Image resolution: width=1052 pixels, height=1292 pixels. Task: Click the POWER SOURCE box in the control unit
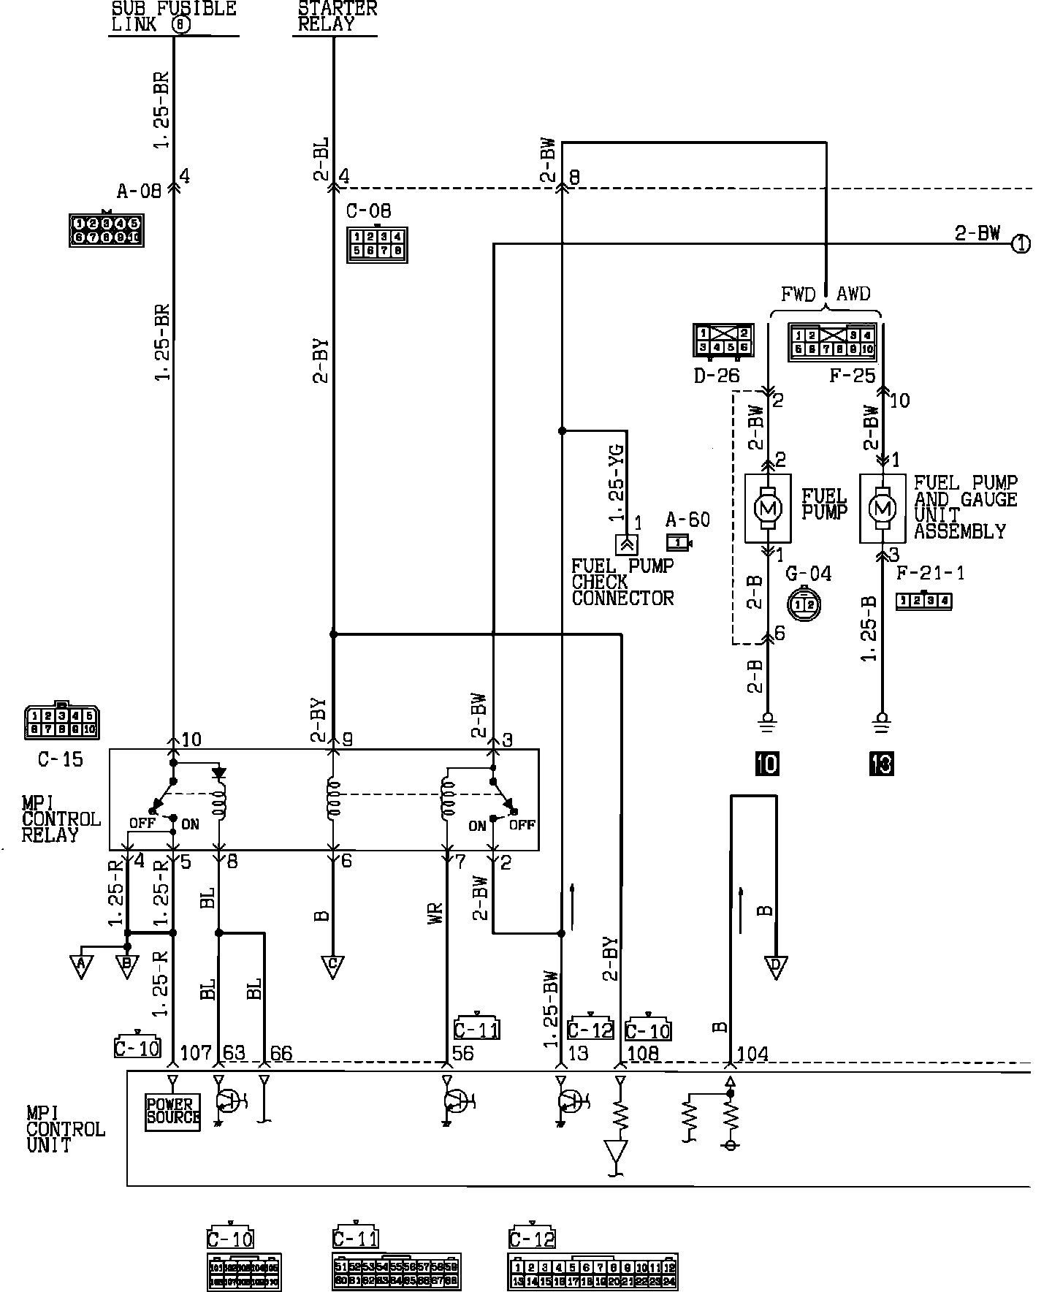coord(172,1111)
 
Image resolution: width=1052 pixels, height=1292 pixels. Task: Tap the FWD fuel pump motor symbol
coord(767,507)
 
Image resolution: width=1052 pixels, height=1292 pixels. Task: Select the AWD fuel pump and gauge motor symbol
coord(882,507)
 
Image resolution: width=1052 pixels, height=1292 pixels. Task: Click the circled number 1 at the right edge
coord(1021,244)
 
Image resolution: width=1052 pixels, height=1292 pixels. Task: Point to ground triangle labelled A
coord(82,966)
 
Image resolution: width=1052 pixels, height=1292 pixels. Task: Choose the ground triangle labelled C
coord(332,966)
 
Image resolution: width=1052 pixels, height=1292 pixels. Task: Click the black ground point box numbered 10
coord(768,764)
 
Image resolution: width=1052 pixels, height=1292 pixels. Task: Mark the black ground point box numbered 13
coord(882,764)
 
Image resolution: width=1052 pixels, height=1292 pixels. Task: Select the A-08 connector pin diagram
coord(106,229)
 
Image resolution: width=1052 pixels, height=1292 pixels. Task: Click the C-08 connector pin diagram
coord(377,245)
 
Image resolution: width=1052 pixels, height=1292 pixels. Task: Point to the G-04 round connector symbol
coord(804,603)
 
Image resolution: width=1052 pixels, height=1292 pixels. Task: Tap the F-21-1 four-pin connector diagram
coord(924,601)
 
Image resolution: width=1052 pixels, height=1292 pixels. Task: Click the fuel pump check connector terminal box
coord(627,544)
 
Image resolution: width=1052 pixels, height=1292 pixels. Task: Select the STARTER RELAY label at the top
coord(337,16)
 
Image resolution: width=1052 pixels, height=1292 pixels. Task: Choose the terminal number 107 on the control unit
coord(195,1054)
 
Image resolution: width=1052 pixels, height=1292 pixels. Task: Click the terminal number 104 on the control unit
coord(752,1054)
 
